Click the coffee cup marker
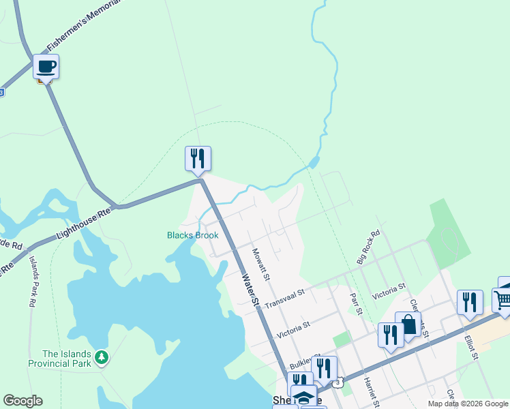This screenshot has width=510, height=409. (46, 67)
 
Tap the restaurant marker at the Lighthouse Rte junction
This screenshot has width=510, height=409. (198, 158)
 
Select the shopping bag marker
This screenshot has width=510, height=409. (408, 324)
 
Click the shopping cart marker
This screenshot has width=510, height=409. (503, 301)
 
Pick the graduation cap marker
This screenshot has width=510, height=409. (303, 397)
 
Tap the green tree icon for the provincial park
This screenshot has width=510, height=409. (102, 357)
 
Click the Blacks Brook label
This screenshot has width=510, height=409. (193, 236)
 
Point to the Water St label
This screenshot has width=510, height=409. (251, 289)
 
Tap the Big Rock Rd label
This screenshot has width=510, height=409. (368, 247)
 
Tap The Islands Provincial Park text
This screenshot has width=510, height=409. (67, 359)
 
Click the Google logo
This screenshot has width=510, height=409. (22, 401)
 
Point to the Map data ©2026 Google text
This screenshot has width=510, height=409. (468, 404)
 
